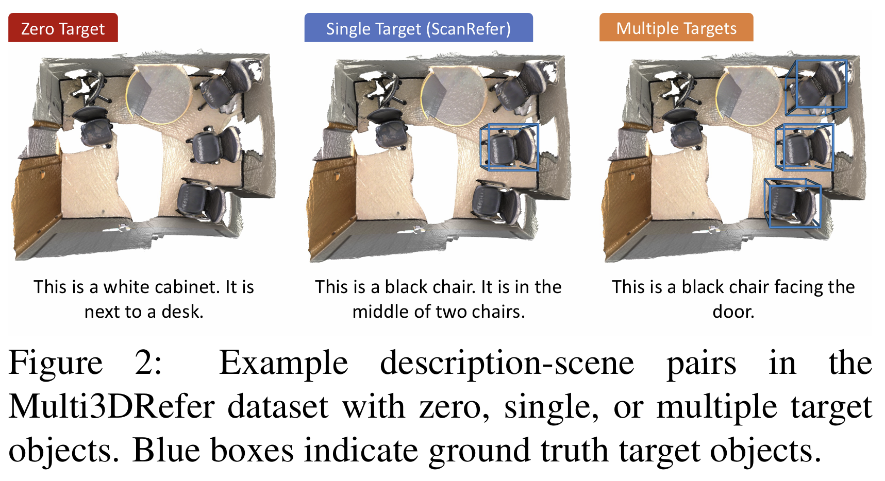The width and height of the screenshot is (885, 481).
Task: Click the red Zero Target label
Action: [63, 28]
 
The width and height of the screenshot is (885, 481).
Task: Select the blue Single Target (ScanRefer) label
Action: [418, 28]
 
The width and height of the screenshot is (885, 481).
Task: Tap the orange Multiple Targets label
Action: [676, 28]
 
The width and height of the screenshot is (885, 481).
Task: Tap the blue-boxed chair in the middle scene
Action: [509, 147]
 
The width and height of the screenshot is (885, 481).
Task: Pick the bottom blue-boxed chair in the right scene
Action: [792, 203]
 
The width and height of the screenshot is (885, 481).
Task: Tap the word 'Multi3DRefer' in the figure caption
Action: [111, 407]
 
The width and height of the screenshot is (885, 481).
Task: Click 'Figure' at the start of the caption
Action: [56, 363]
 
